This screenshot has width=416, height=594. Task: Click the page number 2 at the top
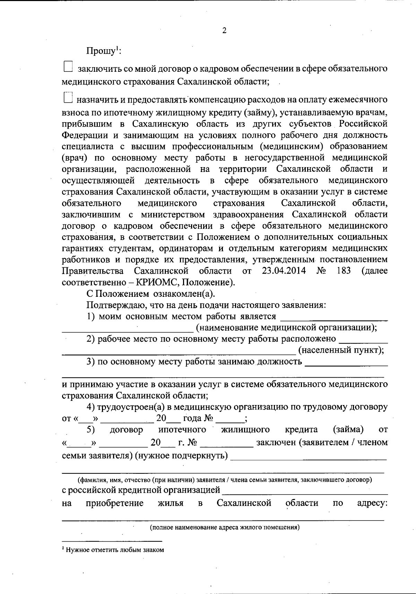tap(224, 31)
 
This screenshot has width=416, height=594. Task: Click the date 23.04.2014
tap(284, 270)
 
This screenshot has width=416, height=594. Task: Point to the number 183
tap(344, 270)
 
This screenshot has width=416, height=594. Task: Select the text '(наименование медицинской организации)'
tap(286, 327)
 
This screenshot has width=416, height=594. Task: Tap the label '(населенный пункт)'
tap(341, 350)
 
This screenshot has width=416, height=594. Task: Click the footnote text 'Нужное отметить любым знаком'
tap(114, 550)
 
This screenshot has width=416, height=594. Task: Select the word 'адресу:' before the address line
tap(372, 503)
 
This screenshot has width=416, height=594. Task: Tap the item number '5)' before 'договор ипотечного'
tap(91, 430)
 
